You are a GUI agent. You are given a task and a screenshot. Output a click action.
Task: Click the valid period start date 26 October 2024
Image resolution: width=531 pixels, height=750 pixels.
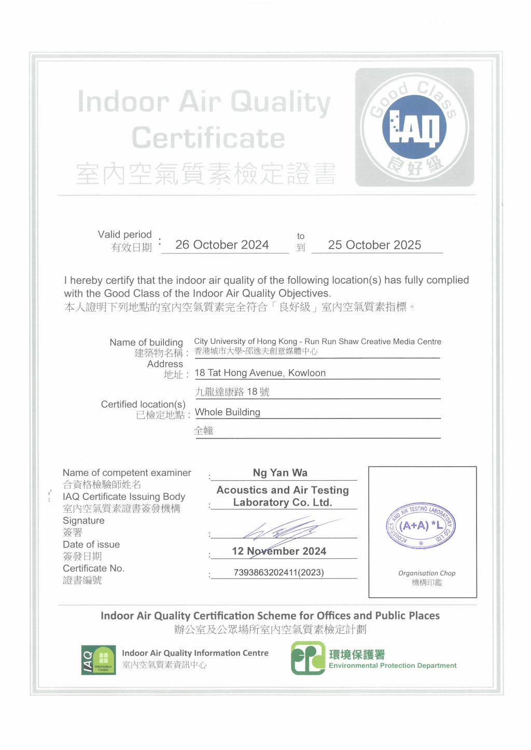point(222,245)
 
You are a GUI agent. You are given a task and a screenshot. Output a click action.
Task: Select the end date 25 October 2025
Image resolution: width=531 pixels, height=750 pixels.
point(374,245)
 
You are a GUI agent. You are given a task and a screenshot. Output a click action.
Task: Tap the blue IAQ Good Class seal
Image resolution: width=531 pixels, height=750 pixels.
point(414,127)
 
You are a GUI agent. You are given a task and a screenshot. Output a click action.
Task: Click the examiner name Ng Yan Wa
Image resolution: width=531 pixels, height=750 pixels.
point(280,473)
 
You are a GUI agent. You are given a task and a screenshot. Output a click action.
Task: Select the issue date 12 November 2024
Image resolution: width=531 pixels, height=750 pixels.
point(279,551)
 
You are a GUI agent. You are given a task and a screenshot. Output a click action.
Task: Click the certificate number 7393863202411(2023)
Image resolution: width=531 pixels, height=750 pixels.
point(279,572)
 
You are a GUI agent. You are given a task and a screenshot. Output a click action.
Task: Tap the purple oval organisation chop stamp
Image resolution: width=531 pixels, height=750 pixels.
point(421,526)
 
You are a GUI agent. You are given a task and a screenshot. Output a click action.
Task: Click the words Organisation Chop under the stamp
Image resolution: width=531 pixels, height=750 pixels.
point(427,573)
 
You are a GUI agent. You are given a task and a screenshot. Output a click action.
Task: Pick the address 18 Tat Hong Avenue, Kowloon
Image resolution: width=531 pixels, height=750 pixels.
point(260,373)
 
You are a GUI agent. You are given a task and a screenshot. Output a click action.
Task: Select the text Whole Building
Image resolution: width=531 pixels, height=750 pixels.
point(228,412)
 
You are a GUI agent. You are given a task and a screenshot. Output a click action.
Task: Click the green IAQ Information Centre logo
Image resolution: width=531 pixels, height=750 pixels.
point(99,660)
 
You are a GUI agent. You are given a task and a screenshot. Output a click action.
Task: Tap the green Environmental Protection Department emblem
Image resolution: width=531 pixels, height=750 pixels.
point(308,658)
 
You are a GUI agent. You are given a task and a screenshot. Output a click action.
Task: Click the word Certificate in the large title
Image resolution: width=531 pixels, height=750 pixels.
point(208,138)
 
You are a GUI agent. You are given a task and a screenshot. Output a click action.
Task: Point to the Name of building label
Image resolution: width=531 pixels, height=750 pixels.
point(146,342)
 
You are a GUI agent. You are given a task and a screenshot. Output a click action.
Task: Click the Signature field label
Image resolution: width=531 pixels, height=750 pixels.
point(83,521)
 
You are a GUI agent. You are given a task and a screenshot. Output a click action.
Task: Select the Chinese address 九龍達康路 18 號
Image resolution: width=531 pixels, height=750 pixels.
point(232,392)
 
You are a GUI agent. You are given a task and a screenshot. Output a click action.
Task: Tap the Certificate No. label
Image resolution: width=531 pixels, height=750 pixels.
point(93,568)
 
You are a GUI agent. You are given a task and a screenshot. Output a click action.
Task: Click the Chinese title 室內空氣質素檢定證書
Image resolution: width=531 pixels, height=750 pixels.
point(206,174)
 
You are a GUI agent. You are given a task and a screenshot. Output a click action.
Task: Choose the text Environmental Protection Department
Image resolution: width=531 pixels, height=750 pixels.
point(393,666)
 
